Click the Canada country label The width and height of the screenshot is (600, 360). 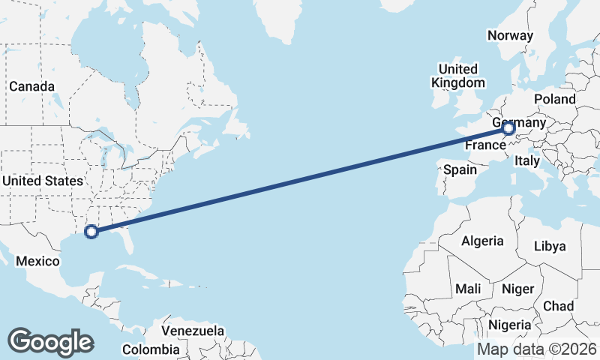point(32,86)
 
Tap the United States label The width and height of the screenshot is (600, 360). point(43,181)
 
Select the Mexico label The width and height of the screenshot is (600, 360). point(37,261)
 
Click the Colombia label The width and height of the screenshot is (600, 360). point(151,349)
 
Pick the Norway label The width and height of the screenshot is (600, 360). point(510,35)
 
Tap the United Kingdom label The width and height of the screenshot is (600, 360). point(458,76)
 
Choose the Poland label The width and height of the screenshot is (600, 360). point(555,99)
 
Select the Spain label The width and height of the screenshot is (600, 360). point(460,170)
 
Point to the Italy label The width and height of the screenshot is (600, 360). point(527,160)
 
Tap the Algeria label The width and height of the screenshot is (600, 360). point(482,241)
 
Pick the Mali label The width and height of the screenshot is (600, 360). point(468,289)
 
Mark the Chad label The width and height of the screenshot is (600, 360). point(559,306)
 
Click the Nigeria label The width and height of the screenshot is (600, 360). point(509,325)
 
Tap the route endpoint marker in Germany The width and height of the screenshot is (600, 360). point(508,128)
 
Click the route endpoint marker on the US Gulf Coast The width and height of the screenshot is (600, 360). point(91,232)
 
